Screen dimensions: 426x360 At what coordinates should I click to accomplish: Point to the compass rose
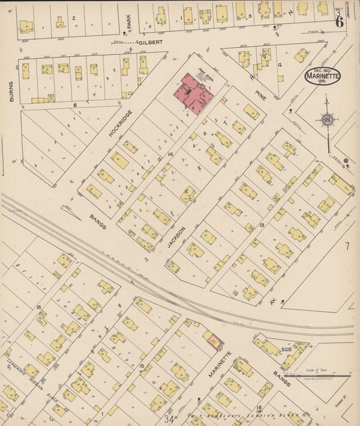328,120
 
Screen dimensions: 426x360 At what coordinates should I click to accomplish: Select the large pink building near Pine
195,94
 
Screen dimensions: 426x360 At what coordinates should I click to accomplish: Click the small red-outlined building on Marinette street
213,342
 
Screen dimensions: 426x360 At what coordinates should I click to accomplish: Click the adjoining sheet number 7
347,245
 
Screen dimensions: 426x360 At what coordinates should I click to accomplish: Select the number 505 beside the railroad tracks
286,349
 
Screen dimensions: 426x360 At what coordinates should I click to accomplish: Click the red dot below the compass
346,161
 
